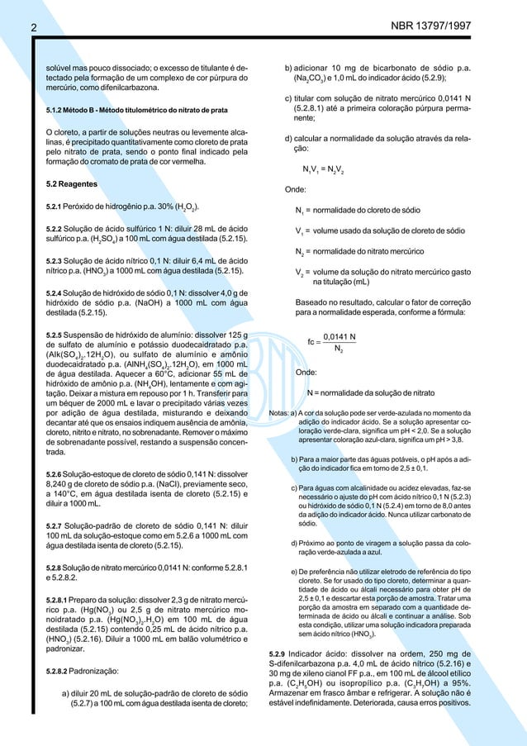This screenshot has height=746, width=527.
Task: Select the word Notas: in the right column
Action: click(x=282, y=413)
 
